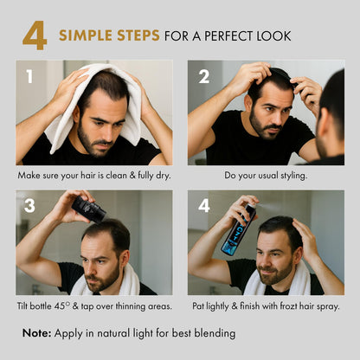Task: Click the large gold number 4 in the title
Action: tap(35, 35)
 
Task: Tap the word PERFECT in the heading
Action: tap(229, 36)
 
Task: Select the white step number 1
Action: tap(29, 77)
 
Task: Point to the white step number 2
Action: tap(204, 77)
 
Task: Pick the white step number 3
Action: tap(29, 206)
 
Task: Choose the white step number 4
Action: tap(204, 206)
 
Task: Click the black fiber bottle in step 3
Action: tap(89, 209)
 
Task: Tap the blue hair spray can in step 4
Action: tap(238, 229)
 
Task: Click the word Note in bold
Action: tap(36, 333)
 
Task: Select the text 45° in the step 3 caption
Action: tap(62, 305)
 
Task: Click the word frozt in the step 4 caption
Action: tap(288, 305)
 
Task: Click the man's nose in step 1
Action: tap(103, 132)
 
